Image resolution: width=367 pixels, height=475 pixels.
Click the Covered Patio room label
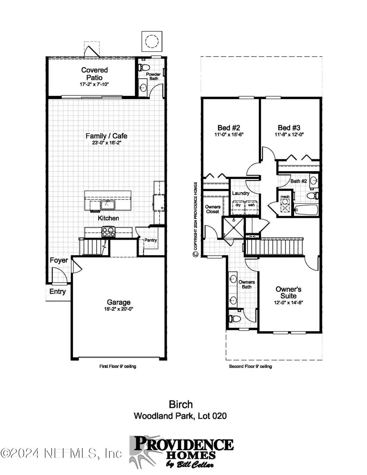point(94,73)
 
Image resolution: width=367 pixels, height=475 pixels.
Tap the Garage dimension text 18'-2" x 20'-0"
point(119,309)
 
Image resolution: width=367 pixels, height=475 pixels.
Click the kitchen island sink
point(109,204)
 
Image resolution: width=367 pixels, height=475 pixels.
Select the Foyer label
point(59,260)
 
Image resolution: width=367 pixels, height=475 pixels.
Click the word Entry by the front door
point(57,292)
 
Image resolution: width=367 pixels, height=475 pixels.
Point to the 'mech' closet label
point(284,198)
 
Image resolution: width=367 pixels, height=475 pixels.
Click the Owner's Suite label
point(288,292)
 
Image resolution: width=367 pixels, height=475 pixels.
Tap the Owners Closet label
point(212,209)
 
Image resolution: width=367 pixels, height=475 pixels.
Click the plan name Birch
point(180,404)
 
